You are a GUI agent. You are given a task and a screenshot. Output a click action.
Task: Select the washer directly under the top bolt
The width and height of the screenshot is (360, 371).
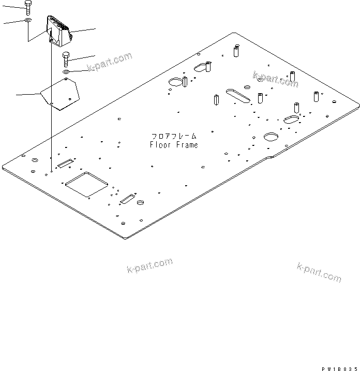27,21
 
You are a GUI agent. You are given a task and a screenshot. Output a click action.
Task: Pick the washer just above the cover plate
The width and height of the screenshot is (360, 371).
66,71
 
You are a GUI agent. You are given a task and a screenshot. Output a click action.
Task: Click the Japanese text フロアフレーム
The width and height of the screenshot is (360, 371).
174,136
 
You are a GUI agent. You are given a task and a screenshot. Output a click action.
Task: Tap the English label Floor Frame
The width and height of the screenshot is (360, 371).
174,145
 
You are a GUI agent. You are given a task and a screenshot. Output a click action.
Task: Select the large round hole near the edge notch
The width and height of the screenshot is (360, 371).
272,137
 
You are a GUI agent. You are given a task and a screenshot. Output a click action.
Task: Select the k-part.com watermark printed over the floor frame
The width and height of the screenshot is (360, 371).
275,79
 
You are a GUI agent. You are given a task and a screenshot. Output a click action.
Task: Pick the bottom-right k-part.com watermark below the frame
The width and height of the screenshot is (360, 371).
319,272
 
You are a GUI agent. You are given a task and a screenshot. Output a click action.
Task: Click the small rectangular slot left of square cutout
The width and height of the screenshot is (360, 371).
65,165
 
